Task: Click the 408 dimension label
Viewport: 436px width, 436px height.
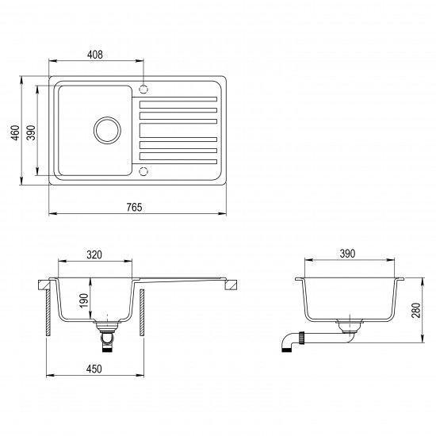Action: point(95,55)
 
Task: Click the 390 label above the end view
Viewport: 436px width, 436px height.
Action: point(347,254)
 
